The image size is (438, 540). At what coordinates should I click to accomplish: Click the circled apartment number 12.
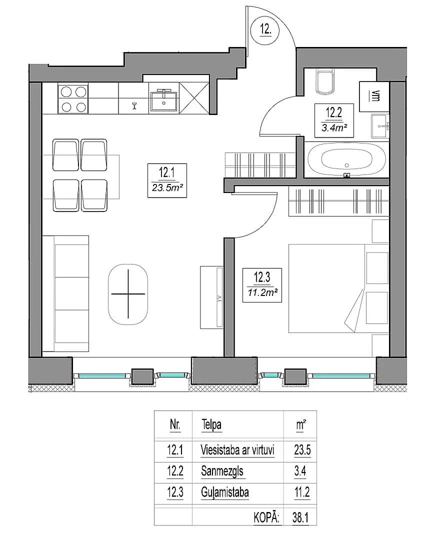(x=265, y=29)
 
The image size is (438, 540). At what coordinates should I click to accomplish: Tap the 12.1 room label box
(x=167, y=180)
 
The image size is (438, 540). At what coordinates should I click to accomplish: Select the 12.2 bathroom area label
(x=334, y=120)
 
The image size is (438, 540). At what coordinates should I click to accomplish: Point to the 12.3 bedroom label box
(x=262, y=285)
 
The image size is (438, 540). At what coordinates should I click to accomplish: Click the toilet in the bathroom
(x=325, y=82)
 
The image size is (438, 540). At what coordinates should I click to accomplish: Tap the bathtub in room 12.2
(x=346, y=159)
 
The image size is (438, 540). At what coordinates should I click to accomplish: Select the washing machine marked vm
(x=374, y=96)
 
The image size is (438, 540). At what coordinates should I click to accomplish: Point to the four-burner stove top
(x=73, y=99)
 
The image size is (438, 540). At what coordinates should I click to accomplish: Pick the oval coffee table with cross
(x=128, y=294)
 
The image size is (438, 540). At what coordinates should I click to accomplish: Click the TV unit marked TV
(x=211, y=297)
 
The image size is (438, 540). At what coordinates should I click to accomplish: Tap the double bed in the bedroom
(x=338, y=288)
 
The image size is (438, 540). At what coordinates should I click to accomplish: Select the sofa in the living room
(x=65, y=294)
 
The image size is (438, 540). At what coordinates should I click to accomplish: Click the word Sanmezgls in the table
(x=222, y=471)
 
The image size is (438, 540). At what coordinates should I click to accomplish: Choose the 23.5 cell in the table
(x=302, y=450)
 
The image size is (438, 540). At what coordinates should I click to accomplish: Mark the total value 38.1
(x=300, y=517)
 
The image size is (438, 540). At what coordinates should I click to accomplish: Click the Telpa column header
(x=211, y=425)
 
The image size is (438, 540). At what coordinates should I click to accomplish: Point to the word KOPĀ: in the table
(x=266, y=517)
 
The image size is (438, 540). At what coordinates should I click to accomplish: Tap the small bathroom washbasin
(x=380, y=126)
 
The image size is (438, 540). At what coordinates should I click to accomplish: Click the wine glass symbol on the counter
(x=134, y=105)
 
